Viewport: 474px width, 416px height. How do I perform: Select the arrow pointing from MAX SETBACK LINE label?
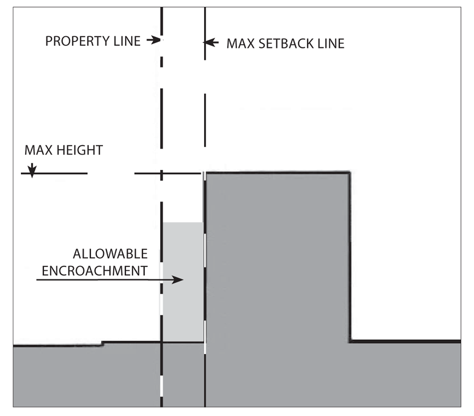[x=212, y=43]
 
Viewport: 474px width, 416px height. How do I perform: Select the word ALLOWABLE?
[x=110, y=254]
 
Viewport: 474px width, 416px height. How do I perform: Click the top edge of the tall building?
[x=277, y=173]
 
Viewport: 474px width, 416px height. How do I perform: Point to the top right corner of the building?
[x=349, y=173]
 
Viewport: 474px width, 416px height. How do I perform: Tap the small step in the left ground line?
[x=102, y=343]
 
